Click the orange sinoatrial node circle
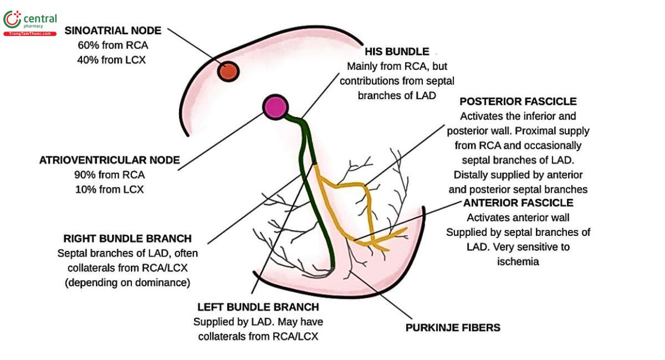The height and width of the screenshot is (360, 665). coord(228,71)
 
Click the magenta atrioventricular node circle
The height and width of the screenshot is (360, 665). coord(275,107)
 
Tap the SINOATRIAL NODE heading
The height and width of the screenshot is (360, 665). coord(112,30)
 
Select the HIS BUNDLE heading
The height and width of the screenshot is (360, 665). coord(397,52)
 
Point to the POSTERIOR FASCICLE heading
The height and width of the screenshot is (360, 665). coord(518,101)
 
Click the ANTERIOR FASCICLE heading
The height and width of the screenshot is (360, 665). coord(518,203)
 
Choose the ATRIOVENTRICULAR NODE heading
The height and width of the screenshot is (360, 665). coord(109,160)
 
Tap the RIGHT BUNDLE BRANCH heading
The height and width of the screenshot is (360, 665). coord(127,239)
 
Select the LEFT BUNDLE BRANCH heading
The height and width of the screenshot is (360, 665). coord(258,307)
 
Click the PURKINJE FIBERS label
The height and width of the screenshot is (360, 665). coord(453,327)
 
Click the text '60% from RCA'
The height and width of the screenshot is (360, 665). coord(112,45)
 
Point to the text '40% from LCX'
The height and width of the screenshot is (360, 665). coord(112,59)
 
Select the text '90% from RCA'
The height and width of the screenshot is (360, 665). coord(109,175)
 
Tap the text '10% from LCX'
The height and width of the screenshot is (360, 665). coord(109,189)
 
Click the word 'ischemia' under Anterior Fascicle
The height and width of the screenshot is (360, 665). coord(518,261)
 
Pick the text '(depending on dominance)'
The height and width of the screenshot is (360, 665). coord(127,282)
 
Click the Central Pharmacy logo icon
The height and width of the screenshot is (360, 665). coord(12,20)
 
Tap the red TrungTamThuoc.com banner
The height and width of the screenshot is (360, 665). coord(30,34)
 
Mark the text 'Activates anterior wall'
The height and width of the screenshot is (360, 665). coord(518,218)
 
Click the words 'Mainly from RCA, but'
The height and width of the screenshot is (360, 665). coord(397,66)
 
